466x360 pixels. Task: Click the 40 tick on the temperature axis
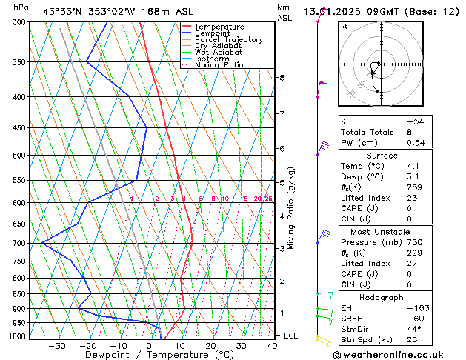pyautogui.click(x=273, y=346)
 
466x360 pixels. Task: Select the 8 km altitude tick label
pyautogui.click(x=282, y=78)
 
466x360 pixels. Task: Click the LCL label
pyautogui.click(x=292, y=336)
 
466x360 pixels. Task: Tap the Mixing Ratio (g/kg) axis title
pyautogui.click(x=291, y=208)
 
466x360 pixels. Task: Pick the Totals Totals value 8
pyautogui.click(x=409, y=132)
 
